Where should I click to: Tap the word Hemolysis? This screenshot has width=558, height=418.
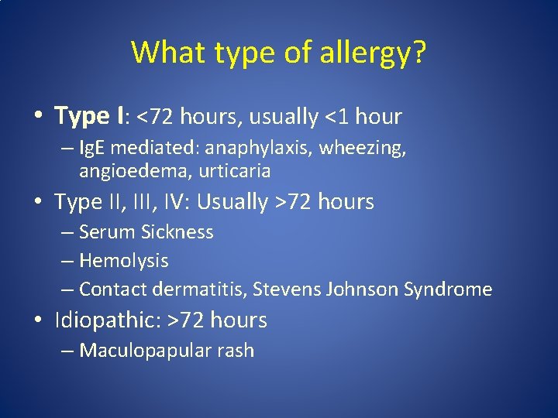(123, 261)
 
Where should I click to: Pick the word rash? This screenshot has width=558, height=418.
(236, 351)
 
